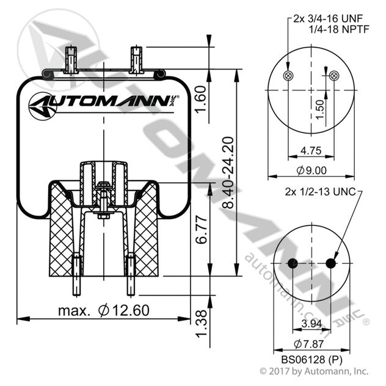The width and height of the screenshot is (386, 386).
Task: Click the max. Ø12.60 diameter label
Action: click(x=103, y=310)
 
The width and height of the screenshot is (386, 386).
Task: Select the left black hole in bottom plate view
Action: click(x=292, y=263)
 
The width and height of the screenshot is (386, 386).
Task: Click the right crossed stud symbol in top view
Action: click(x=333, y=75)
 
